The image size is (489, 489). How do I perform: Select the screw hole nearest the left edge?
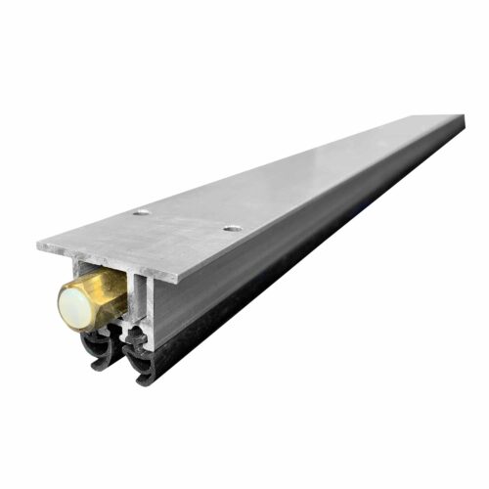click(142, 211)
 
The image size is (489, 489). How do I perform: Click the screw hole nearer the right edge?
click(231, 229)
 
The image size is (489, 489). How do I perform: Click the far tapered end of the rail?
click(458, 121)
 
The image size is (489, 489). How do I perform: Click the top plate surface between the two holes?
click(186, 221)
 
